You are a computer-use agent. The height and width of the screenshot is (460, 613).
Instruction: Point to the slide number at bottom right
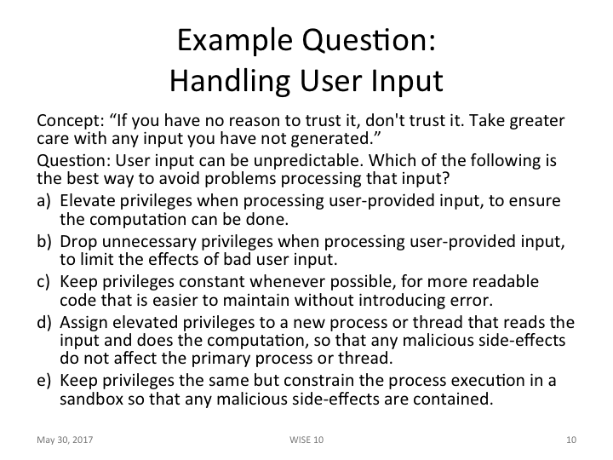tap(570, 440)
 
